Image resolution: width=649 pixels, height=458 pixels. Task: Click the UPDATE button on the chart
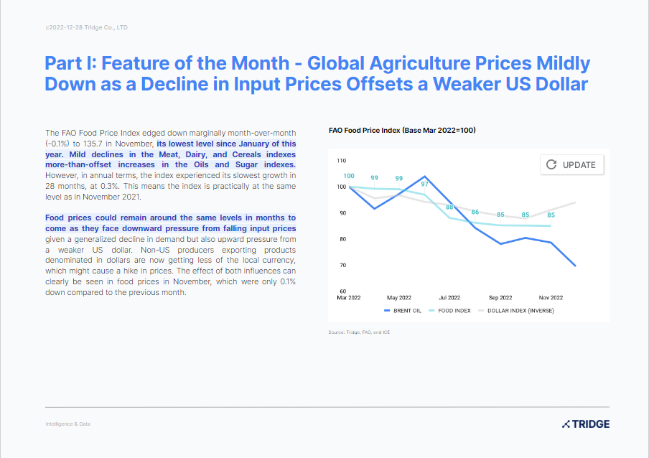click(x=571, y=164)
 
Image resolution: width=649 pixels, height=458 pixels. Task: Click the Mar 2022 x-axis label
click(x=349, y=297)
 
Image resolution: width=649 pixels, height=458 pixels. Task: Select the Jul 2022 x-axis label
click(x=449, y=297)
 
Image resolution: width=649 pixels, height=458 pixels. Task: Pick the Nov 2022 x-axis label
click(x=551, y=297)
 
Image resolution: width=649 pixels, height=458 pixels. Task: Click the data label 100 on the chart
click(x=349, y=177)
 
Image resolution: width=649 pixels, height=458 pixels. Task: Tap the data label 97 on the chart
click(x=424, y=184)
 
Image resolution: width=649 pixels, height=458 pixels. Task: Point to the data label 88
click(x=449, y=207)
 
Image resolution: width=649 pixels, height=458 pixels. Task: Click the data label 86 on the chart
click(x=475, y=212)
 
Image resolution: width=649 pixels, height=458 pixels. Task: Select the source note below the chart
click(x=359, y=332)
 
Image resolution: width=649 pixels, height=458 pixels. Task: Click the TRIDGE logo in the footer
click(x=586, y=424)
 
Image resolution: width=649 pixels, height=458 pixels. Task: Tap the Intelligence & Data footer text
click(x=67, y=424)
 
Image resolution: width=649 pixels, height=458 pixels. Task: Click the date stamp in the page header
click(x=87, y=27)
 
